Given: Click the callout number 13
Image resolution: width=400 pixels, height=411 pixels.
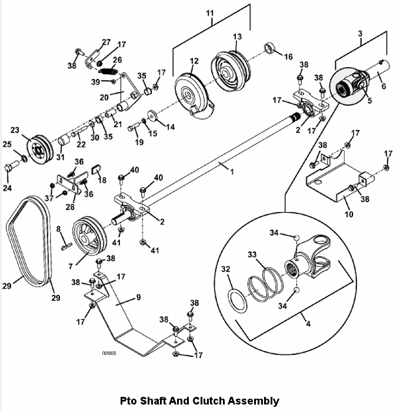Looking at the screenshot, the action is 237,37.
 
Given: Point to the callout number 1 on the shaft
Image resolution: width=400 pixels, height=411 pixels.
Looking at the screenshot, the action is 232,172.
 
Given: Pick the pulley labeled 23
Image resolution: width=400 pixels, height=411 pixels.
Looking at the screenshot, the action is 40,150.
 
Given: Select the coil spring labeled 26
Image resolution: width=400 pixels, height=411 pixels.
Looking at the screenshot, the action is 108,71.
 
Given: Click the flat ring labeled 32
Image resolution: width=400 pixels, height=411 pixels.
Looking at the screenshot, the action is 238,301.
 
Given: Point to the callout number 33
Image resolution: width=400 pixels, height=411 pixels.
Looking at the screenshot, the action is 252,254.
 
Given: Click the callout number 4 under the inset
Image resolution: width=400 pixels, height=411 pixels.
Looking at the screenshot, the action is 308,324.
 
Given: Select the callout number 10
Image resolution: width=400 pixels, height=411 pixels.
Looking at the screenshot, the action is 349,214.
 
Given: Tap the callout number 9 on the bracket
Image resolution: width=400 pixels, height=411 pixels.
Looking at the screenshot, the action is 138,297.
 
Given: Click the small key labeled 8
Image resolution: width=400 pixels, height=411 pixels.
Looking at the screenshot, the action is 66,246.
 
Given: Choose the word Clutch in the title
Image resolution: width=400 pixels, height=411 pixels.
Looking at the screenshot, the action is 209,401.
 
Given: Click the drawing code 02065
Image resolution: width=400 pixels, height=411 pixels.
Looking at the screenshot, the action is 109,353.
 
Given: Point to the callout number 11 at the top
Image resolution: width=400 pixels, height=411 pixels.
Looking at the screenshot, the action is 210,13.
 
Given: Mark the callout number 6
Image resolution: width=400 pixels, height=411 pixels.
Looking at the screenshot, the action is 384,86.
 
